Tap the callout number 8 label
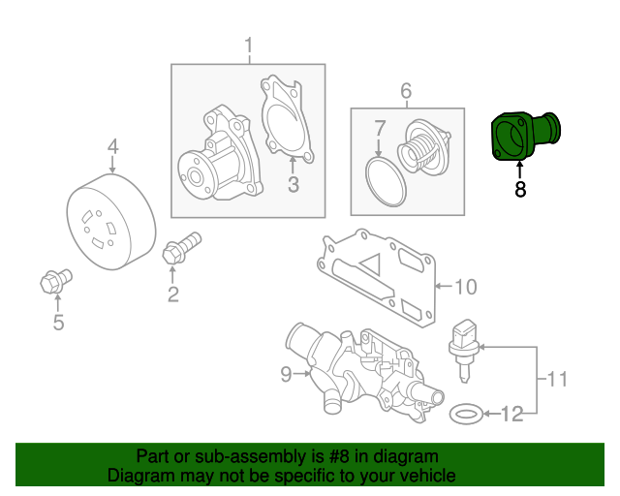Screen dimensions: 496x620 click(x=520, y=191)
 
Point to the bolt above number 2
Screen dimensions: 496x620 click(x=180, y=248)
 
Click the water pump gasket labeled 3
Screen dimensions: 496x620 click(x=286, y=122)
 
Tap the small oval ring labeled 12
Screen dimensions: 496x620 click(x=467, y=415)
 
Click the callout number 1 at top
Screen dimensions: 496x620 click(x=248, y=45)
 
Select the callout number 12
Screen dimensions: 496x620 click(x=511, y=416)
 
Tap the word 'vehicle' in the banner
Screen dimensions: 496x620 click(x=417, y=476)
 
